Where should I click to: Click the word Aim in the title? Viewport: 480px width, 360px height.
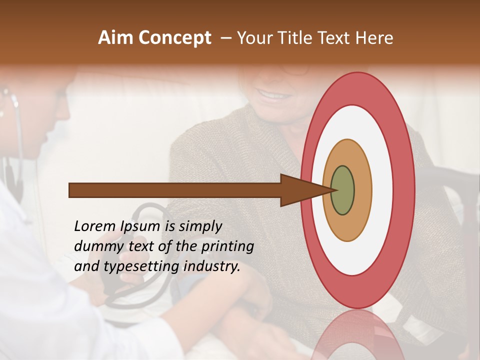click(x=116, y=38)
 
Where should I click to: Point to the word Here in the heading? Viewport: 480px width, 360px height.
click(x=375, y=38)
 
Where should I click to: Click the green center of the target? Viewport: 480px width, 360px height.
click(x=343, y=190)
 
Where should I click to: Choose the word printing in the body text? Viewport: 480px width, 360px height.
click(x=227, y=246)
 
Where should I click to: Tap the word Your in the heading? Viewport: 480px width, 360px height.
click(x=253, y=38)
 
